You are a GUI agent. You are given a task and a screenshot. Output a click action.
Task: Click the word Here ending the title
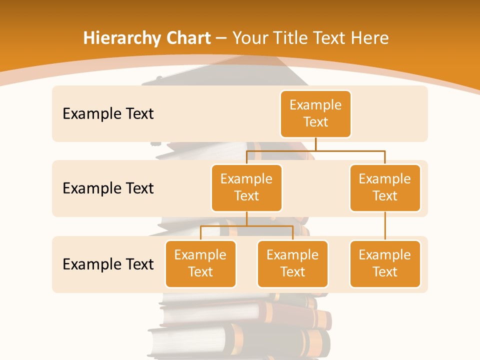click(x=369, y=38)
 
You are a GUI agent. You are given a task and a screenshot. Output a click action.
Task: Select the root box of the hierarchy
click(x=315, y=113)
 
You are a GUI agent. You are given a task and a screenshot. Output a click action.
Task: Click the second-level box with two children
click(x=246, y=187)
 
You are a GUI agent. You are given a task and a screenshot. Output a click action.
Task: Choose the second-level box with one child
click(x=385, y=187)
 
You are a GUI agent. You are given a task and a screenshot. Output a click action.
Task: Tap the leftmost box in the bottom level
click(x=200, y=263)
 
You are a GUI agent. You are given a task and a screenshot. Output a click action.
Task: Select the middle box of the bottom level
click(x=292, y=263)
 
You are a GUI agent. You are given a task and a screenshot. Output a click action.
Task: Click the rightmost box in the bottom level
click(x=385, y=263)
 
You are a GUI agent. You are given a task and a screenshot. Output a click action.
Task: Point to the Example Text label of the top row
click(x=108, y=114)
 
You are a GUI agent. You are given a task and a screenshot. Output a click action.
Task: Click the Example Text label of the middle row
click(x=108, y=188)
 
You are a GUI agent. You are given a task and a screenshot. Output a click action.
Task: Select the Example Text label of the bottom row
click(x=108, y=264)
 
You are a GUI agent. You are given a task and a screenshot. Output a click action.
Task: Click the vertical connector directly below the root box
click(x=315, y=144)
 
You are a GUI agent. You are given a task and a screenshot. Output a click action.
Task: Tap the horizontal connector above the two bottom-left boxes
click(x=246, y=226)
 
